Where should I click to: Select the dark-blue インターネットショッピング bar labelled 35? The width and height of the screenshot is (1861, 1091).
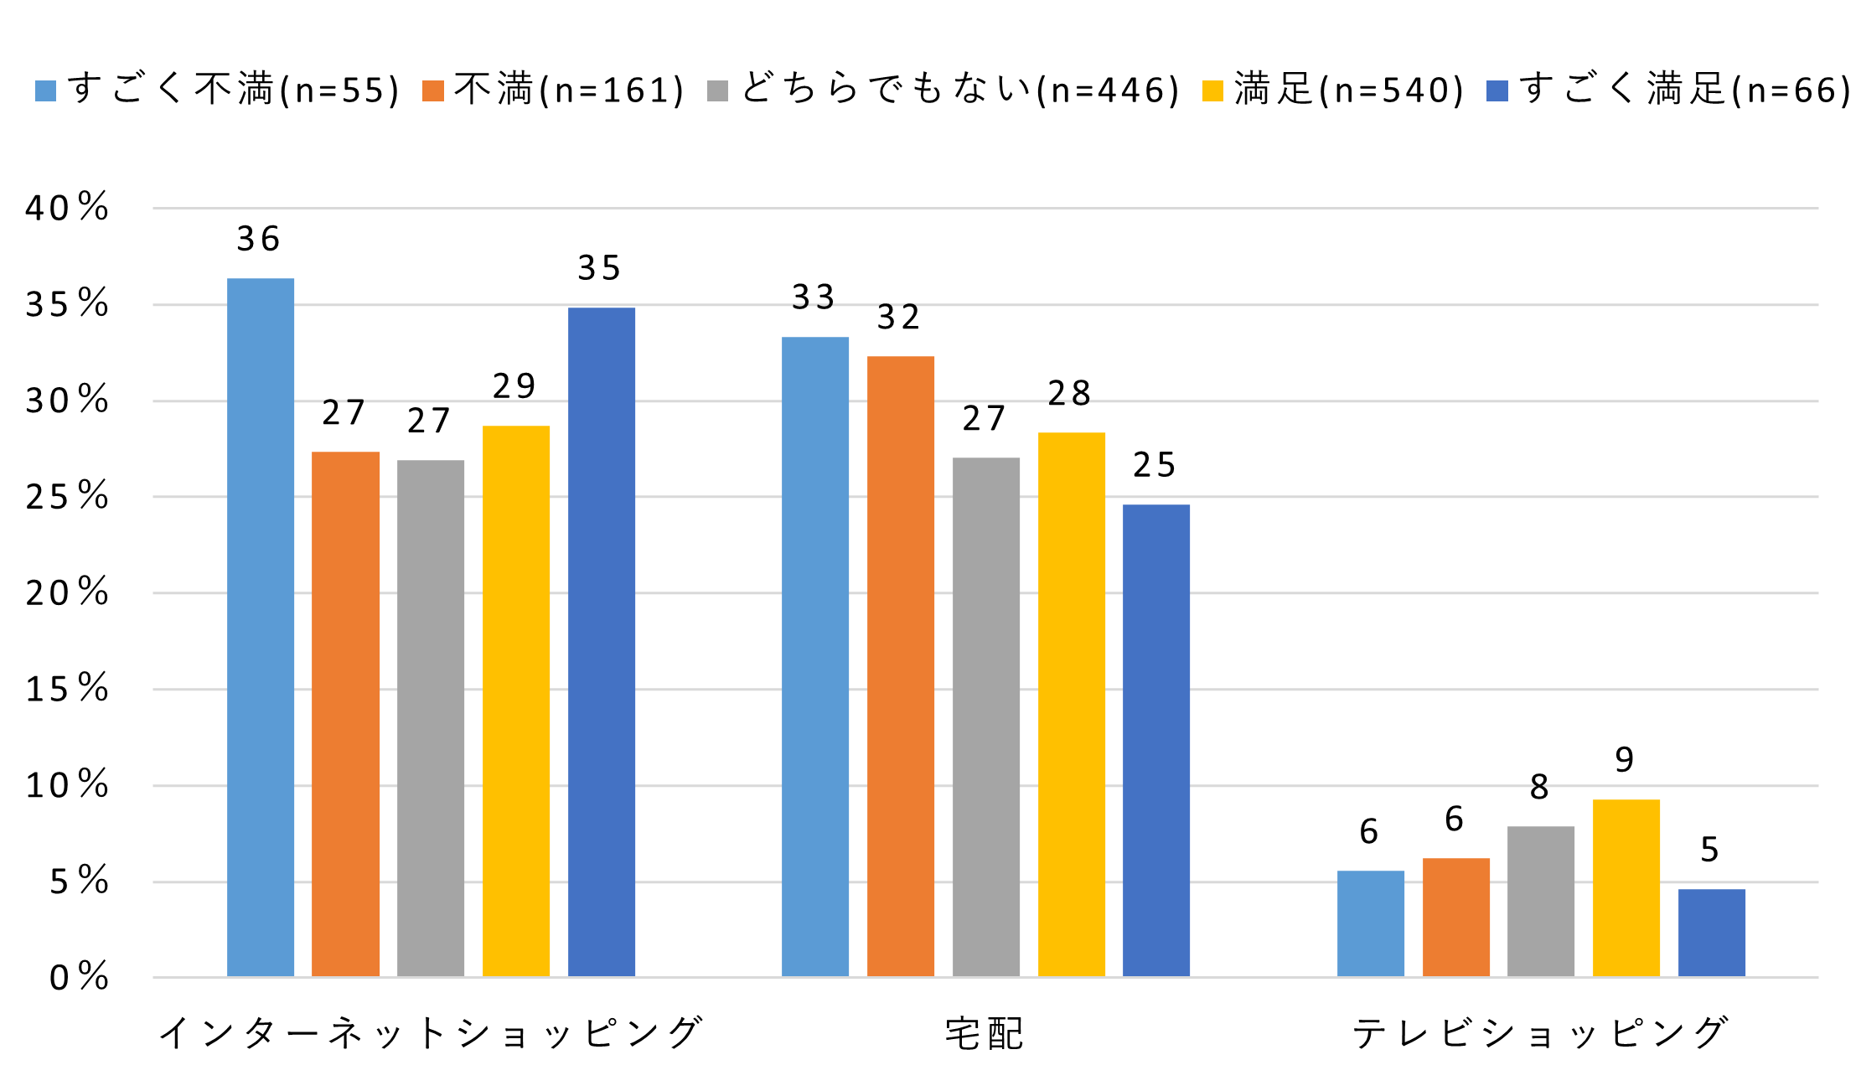[x=602, y=642]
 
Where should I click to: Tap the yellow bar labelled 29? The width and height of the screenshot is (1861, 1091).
[x=516, y=701]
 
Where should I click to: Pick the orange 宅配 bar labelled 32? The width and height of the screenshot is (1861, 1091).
[x=901, y=666]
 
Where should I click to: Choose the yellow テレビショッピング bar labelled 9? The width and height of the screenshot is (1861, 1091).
[x=1626, y=887]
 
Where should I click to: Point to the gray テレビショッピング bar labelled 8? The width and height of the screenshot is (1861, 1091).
[x=1541, y=901]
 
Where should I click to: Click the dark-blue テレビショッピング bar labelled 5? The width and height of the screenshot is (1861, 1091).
[x=1712, y=933]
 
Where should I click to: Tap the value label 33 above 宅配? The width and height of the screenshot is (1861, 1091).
[x=814, y=297]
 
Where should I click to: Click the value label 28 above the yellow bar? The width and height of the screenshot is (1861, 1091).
[x=1070, y=394]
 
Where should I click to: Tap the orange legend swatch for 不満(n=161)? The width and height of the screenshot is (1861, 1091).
[x=433, y=90]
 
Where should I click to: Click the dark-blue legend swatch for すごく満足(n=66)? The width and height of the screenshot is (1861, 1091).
[x=1497, y=90]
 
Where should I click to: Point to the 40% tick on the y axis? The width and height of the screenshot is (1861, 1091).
[x=67, y=208]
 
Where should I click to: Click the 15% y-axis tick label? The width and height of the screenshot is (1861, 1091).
[x=67, y=690]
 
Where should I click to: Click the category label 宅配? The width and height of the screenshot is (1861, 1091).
[x=985, y=1034]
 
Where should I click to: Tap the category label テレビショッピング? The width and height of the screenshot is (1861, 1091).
[x=1540, y=1034]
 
